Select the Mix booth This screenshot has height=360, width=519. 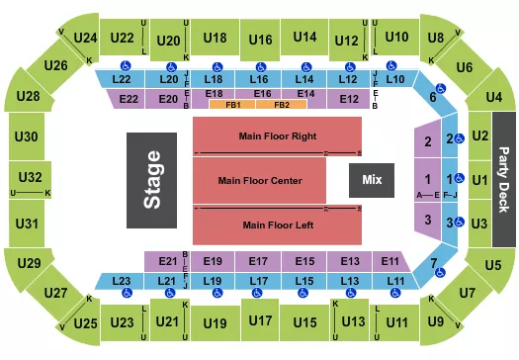click(x=372, y=181)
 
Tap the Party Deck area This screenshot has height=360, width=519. click(x=503, y=180)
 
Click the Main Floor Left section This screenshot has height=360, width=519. click(x=276, y=225)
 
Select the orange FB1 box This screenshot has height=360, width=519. click(x=233, y=104)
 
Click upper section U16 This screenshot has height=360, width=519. click(x=261, y=40)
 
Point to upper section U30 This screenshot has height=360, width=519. click(x=27, y=136)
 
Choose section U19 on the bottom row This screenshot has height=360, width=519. click(x=214, y=322)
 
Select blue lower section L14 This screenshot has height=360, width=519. click(x=304, y=78)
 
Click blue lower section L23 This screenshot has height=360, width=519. click(x=122, y=282)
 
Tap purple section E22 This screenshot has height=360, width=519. click(x=129, y=99)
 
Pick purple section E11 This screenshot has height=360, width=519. click(x=389, y=261)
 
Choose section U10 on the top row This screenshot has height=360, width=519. click(x=396, y=38)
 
